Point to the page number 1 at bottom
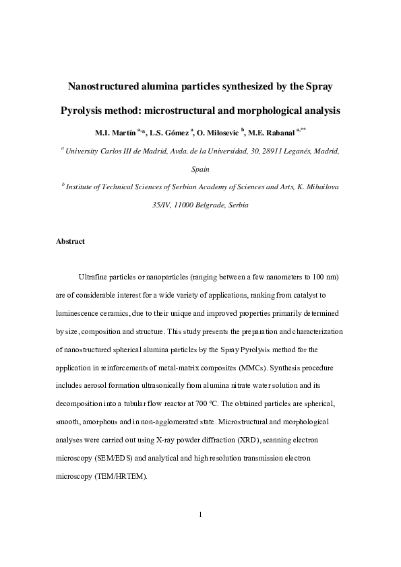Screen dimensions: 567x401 click(x=200, y=515)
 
